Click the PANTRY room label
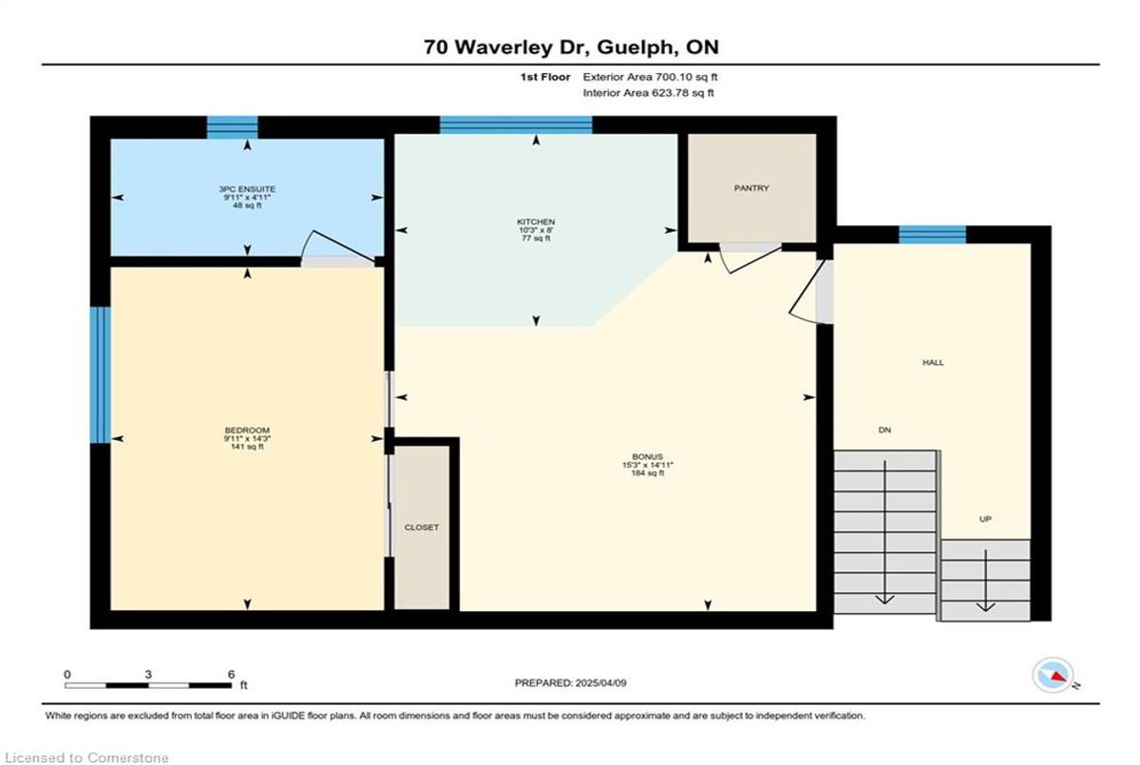coord(751,188)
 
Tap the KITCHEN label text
coord(536,222)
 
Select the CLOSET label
coord(422,527)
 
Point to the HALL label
coord(933,362)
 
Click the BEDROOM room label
coord(247,430)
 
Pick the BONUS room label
coord(647,456)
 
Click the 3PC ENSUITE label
coord(247,189)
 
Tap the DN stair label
coord(884,430)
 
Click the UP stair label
coord(985,519)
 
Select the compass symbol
coord(1054,676)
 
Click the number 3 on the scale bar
coord(148,675)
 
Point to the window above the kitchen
coord(516,124)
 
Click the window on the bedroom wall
coord(101,374)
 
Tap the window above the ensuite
coord(232,127)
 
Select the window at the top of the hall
coord(932,235)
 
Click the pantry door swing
coord(751,259)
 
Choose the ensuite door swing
coord(338,245)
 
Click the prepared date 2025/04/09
coord(600,683)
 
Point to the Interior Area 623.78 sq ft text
coord(648,93)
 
